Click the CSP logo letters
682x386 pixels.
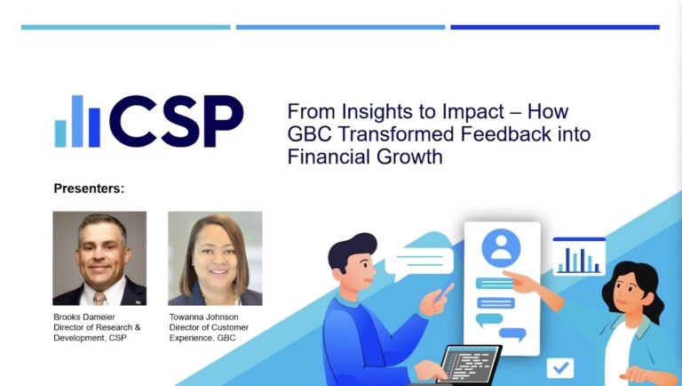click(177, 121)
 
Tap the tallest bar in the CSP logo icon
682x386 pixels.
click(77, 121)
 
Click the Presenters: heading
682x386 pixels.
click(89, 189)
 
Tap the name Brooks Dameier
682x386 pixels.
click(84, 317)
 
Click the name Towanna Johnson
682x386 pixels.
click(203, 317)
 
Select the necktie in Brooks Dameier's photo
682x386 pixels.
click(99, 299)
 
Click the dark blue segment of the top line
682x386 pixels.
click(555, 27)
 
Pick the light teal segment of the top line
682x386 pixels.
click(126, 27)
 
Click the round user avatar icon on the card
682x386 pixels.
click(501, 247)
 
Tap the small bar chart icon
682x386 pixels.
click(579, 257)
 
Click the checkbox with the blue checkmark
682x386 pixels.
click(560, 367)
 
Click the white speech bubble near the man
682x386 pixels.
click(419, 262)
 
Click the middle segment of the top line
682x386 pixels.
click(341, 27)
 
